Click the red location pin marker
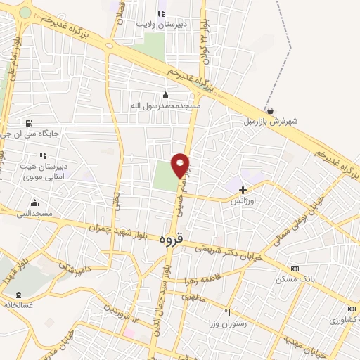(181, 165)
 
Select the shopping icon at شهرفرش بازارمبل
(271, 110)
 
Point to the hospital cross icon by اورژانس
(243, 190)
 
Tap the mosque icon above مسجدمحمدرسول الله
(165, 96)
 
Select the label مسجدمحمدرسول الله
(166, 105)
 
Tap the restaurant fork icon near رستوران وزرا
(227, 311)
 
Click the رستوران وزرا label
(227, 322)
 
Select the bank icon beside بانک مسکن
(294, 269)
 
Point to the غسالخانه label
(19, 305)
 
